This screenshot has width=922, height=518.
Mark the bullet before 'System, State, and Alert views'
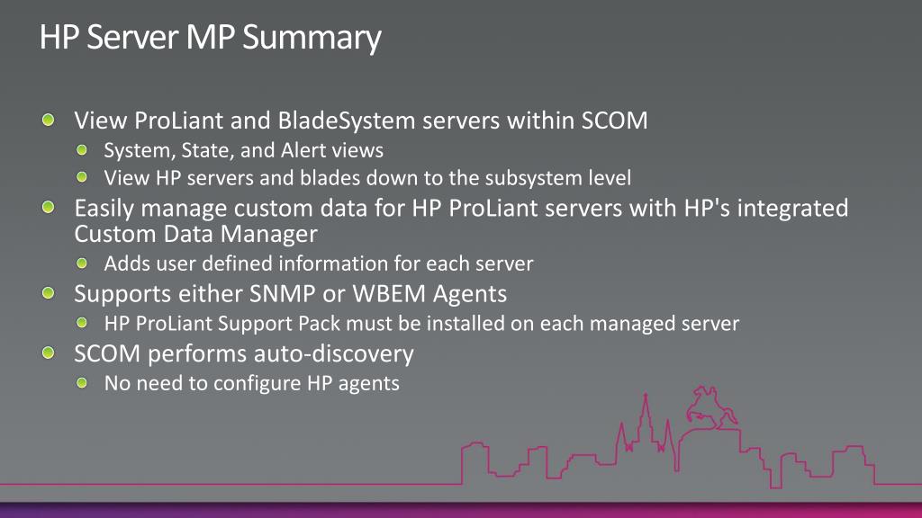click(84, 149)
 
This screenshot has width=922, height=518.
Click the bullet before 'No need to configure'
click(84, 383)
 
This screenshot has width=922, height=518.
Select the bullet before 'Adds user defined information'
click(84, 263)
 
